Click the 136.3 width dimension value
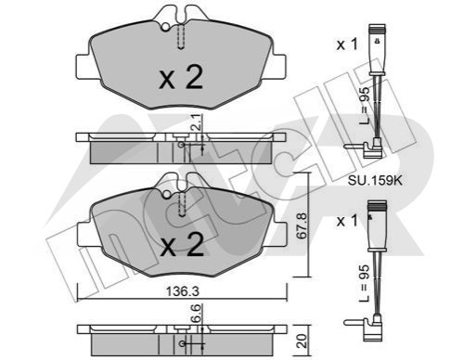click(x=182, y=291)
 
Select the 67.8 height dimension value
click(x=301, y=225)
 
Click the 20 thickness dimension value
click(x=302, y=341)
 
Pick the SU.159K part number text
click(x=375, y=180)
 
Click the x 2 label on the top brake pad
click(x=181, y=77)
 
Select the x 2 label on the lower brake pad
click(x=182, y=245)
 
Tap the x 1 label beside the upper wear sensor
click(x=347, y=45)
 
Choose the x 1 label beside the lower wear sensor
click(x=347, y=221)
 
